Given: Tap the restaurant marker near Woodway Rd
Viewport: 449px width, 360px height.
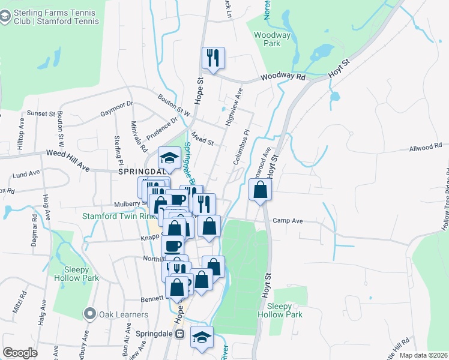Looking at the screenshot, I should click(x=213, y=58).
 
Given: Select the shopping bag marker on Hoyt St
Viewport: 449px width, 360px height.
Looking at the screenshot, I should click(x=261, y=191).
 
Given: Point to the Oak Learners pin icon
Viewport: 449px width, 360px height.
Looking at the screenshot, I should click(x=90, y=314).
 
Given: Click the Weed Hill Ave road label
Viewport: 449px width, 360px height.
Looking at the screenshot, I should click(x=68, y=158).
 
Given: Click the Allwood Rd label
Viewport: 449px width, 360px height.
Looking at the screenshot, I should click(x=425, y=146).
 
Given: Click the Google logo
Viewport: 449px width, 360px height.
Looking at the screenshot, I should click(x=20, y=353).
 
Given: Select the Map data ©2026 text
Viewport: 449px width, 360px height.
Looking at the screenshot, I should click(x=423, y=355).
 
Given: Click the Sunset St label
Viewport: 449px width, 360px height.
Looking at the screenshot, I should click(x=40, y=113).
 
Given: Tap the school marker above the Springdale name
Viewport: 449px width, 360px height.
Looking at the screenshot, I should click(x=169, y=158).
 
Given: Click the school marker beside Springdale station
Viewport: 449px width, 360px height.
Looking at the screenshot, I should click(x=202, y=337).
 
